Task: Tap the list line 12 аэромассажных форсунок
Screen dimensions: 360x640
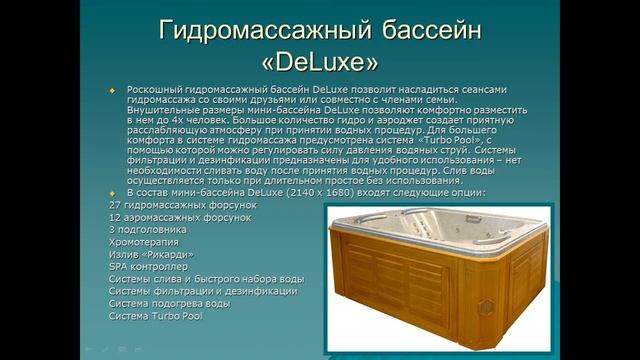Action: (x=167, y=217)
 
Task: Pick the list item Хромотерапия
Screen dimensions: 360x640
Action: (x=143, y=242)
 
